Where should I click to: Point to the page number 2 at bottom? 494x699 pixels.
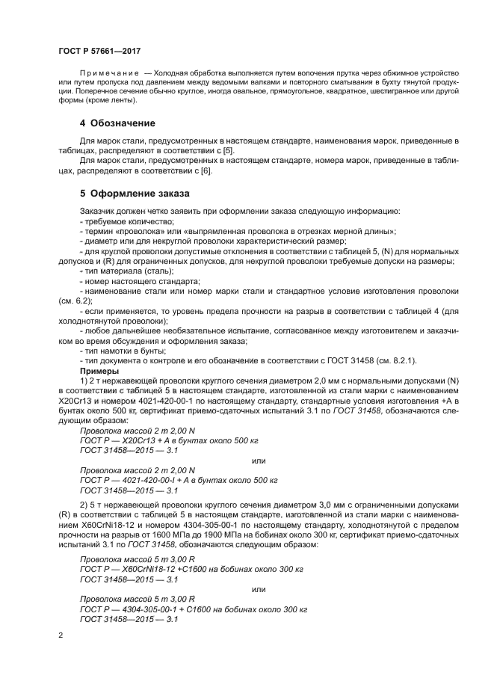61,635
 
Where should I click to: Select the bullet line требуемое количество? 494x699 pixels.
126,221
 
